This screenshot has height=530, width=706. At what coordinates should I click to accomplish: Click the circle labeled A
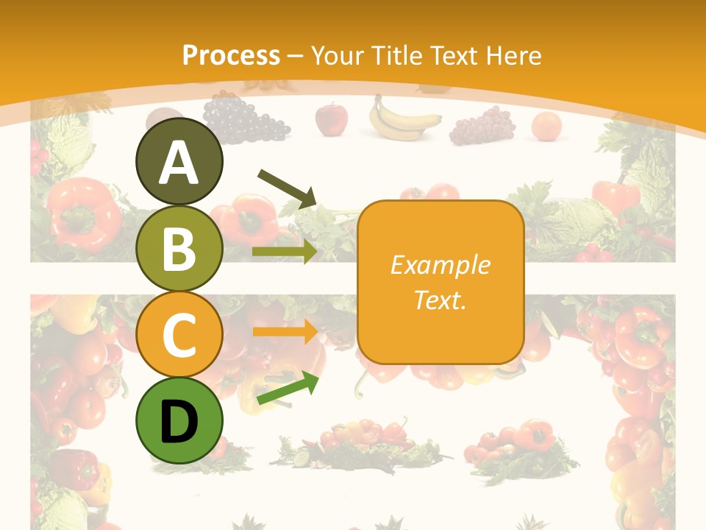point(179,161)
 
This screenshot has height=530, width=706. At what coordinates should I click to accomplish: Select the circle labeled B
point(179,248)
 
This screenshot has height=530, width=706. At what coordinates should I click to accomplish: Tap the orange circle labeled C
point(179,334)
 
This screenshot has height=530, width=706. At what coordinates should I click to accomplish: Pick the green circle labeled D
point(179,420)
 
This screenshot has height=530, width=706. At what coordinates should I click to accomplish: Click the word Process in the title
point(231,55)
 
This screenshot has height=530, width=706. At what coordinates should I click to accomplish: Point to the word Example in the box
point(441,265)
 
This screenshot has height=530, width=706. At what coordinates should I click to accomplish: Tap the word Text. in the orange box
point(441,300)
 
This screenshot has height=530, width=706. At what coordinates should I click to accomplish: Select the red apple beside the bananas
point(331,119)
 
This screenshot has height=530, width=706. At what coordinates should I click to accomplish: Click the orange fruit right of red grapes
point(546,126)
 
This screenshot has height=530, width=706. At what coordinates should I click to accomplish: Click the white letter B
point(179,249)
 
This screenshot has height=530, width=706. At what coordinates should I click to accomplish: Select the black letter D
point(179,422)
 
